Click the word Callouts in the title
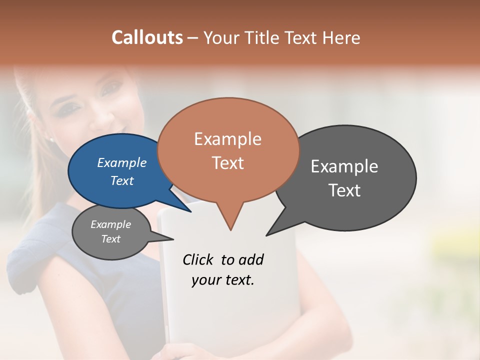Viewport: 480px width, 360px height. tap(147, 37)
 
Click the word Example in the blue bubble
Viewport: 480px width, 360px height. tap(122, 162)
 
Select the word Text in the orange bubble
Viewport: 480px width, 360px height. tap(228, 163)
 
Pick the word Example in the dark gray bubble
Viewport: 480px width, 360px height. tap(344, 166)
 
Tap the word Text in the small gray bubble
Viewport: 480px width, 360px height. tap(111, 239)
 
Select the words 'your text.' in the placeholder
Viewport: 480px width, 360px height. tap(223, 280)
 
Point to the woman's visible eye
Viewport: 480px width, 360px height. tap(108, 90)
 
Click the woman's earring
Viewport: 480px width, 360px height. tap(50, 140)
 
